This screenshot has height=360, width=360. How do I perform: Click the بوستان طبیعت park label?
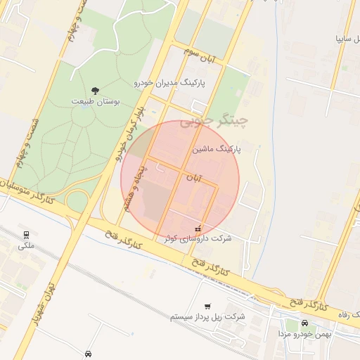click(x=96, y=101)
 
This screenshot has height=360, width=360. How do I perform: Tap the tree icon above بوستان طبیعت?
click(x=96, y=90)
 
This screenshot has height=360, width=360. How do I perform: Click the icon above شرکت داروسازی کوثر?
click(x=198, y=229)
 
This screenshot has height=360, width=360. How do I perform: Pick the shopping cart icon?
click(x=207, y=307)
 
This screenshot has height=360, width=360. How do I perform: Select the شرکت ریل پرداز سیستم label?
click(x=207, y=317)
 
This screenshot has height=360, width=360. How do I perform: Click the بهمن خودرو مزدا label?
click(x=305, y=333)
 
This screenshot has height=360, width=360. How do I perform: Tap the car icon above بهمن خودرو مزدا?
click(x=305, y=323)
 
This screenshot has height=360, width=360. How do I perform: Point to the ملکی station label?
click(x=25, y=245)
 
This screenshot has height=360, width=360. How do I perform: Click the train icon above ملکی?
click(x=26, y=235)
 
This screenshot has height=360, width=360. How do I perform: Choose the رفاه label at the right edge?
click(x=349, y=313)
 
